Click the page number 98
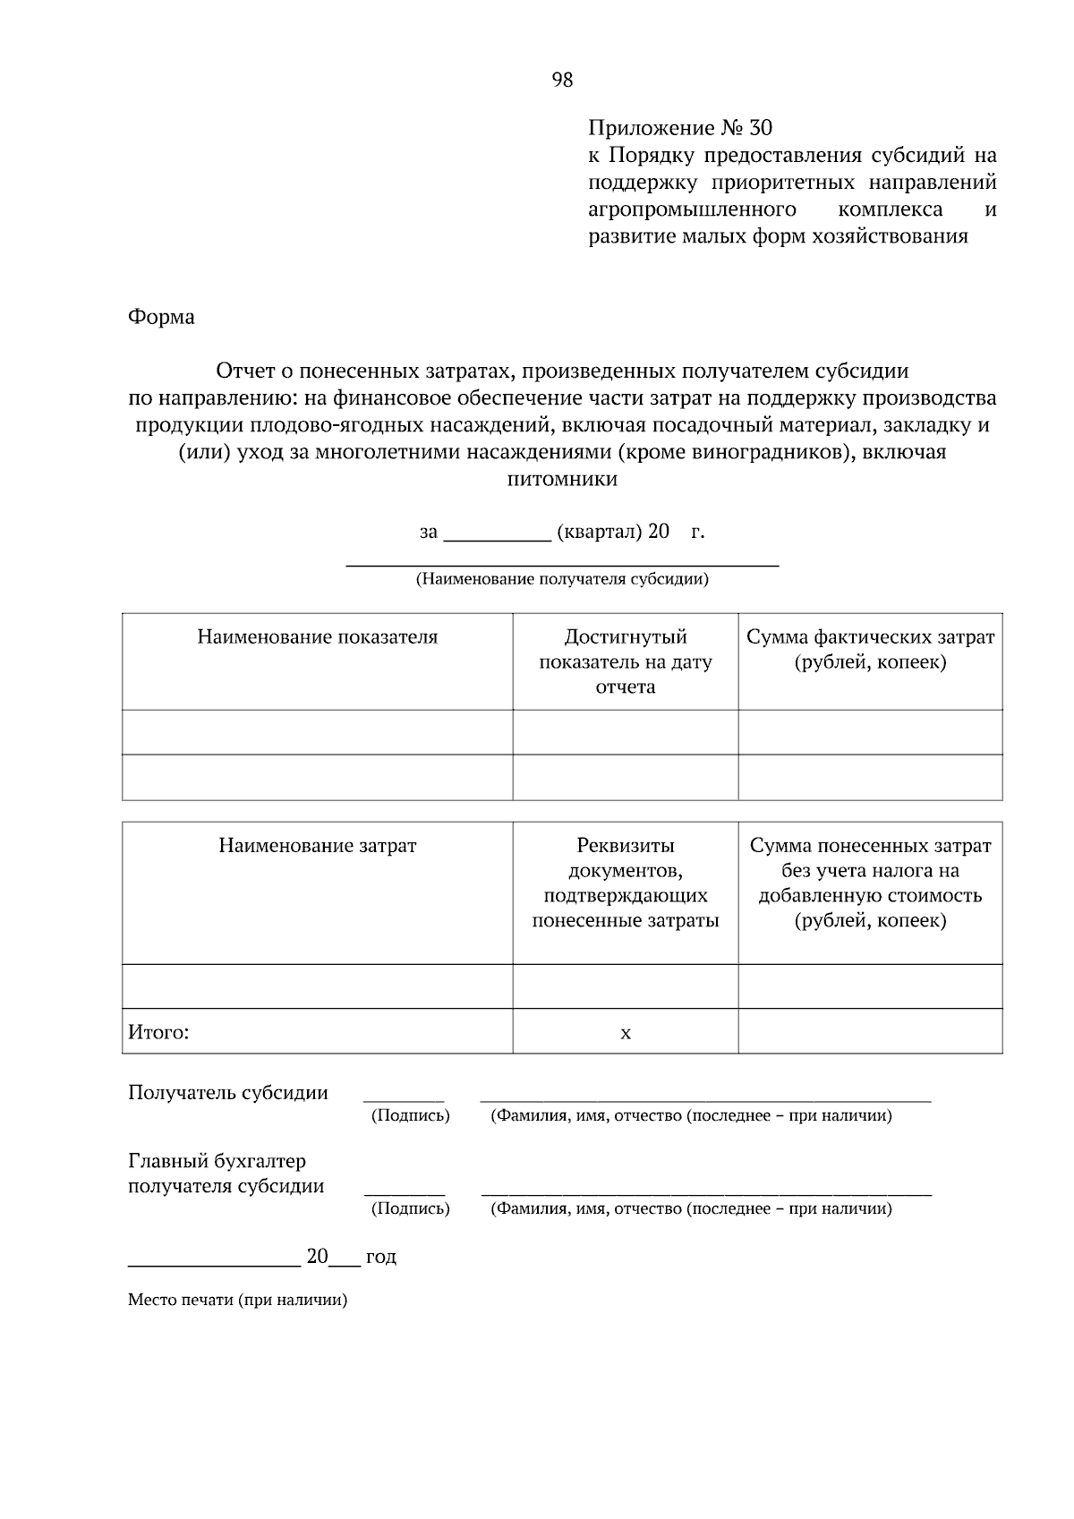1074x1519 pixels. pyautogui.click(x=562, y=80)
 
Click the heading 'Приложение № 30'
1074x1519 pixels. pyautogui.click(x=679, y=128)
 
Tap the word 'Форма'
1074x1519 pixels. pyautogui.click(x=161, y=317)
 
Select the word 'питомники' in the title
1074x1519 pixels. pyautogui.click(x=562, y=479)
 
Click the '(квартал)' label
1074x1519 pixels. pyautogui.click(x=600, y=532)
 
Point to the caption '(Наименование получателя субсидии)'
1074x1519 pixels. pyautogui.click(x=562, y=579)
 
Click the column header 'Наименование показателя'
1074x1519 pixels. pyautogui.click(x=318, y=637)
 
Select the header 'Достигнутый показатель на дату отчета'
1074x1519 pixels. pyautogui.click(x=625, y=661)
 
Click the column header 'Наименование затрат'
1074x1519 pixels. pyautogui.click(x=318, y=846)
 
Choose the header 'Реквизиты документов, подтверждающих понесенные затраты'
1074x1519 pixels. pyautogui.click(x=625, y=883)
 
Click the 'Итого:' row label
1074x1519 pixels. pyautogui.click(x=158, y=1033)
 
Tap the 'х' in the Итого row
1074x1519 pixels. pyautogui.click(x=626, y=1034)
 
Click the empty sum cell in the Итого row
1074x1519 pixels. pyautogui.click(x=870, y=1031)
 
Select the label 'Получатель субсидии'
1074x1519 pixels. pyautogui.click(x=228, y=1093)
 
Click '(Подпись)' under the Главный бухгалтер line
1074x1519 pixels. pyautogui.click(x=410, y=1208)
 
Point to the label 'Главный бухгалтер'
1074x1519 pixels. pyautogui.click(x=217, y=1162)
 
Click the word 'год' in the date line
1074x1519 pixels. pyautogui.click(x=380, y=1257)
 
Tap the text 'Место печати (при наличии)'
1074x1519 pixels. pyautogui.click(x=237, y=1300)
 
